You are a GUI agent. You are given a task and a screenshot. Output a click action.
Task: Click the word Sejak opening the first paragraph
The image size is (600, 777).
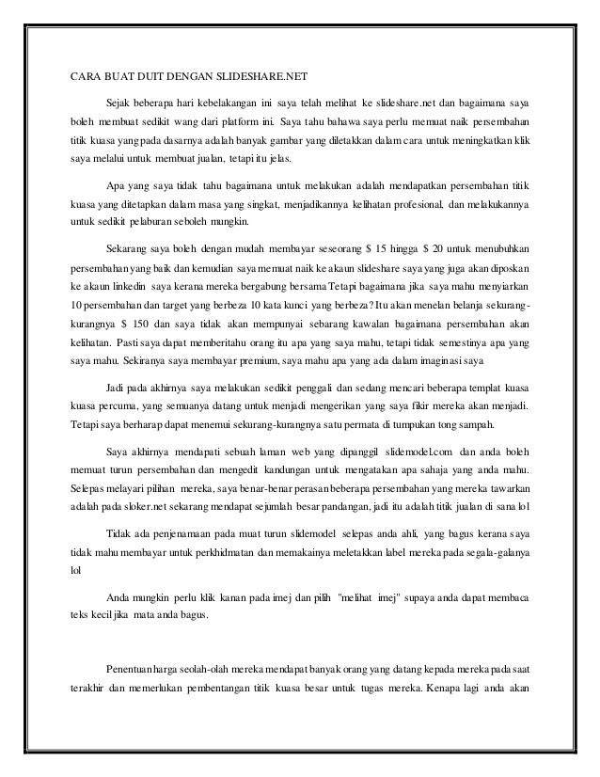[x=121, y=102]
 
